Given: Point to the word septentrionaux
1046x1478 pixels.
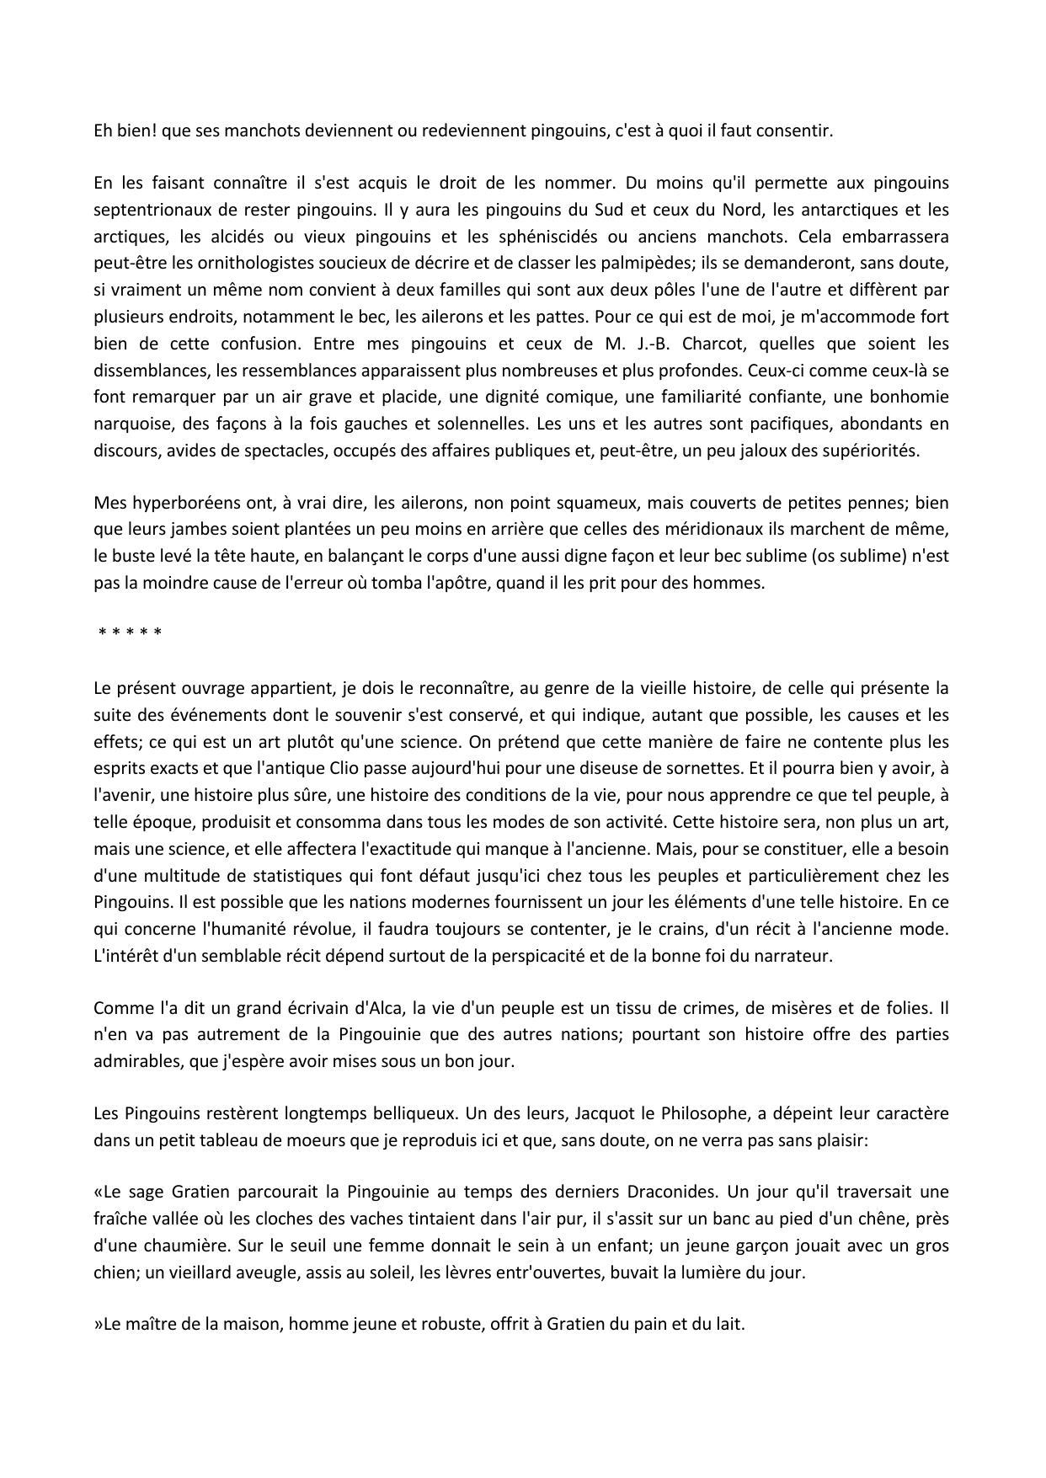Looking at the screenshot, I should coord(148,209).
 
